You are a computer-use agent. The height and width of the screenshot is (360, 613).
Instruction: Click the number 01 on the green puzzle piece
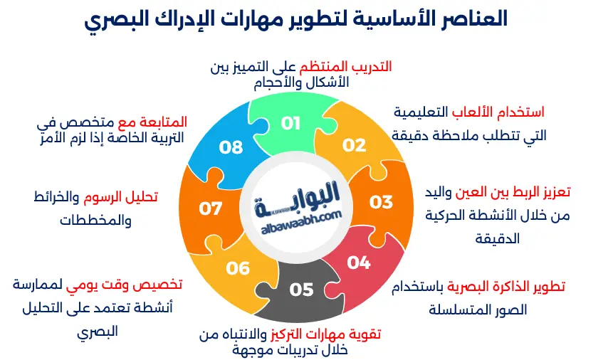(x=290, y=123)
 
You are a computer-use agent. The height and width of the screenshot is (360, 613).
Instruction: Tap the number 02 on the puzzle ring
(x=353, y=145)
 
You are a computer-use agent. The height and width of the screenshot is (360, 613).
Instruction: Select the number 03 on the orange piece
(x=381, y=201)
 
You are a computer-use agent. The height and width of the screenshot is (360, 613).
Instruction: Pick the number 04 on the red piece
(x=359, y=263)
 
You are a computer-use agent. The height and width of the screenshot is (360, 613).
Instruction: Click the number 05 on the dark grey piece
(x=301, y=290)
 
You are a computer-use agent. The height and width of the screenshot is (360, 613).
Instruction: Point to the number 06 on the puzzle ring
(x=239, y=268)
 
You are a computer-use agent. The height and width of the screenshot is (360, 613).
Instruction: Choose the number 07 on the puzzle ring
(x=211, y=209)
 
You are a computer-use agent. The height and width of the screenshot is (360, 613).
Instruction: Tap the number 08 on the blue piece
(x=231, y=147)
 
